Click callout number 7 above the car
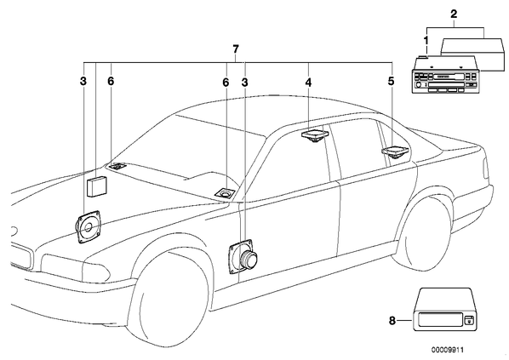(x=236, y=49)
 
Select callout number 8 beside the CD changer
(x=392, y=321)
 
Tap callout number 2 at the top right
(x=454, y=14)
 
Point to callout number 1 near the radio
(x=426, y=41)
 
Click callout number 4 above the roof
(x=308, y=83)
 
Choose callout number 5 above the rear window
(x=391, y=81)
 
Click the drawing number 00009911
(x=448, y=350)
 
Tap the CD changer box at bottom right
(x=444, y=309)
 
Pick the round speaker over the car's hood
(x=89, y=226)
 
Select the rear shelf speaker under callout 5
(x=396, y=152)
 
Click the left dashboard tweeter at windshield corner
(x=117, y=166)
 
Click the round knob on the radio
(x=419, y=84)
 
